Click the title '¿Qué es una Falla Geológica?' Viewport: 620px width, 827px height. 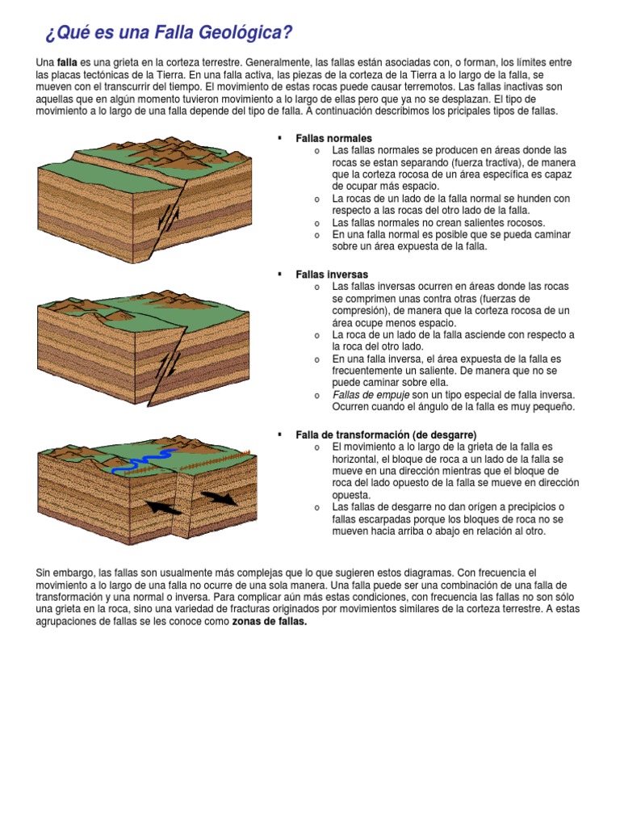pyautogui.click(x=168, y=33)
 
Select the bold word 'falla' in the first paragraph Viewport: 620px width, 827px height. pyautogui.click(x=67, y=62)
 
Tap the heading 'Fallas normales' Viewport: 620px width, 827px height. pyautogui.click(x=333, y=138)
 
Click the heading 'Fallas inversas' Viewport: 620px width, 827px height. pyautogui.click(x=332, y=275)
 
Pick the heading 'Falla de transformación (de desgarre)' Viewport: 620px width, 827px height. pyautogui.click(x=386, y=434)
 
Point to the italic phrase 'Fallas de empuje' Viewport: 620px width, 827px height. pyautogui.click(x=370, y=395)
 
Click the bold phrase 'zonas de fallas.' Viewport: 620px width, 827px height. pyautogui.click(x=270, y=622)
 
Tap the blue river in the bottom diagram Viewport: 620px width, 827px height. pyautogui.click(x=144, y=461)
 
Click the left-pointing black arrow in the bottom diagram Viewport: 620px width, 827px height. pyautogui.click(x=164, y=506)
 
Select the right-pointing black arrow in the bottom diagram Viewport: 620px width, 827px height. pyautogui.click(x=219, y=497)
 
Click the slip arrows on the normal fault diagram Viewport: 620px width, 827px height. pyautogui.click(x=169, y=216)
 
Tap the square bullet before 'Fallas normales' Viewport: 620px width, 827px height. pyautogui.click(x=279, y=138)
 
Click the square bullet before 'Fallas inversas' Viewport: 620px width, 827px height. pyautogui.click(x=279, y=275)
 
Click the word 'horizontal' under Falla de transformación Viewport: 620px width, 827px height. pyautogui.click(x=357, y=459)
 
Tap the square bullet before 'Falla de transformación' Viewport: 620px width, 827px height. pyautogui.click(x=279, y=434)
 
